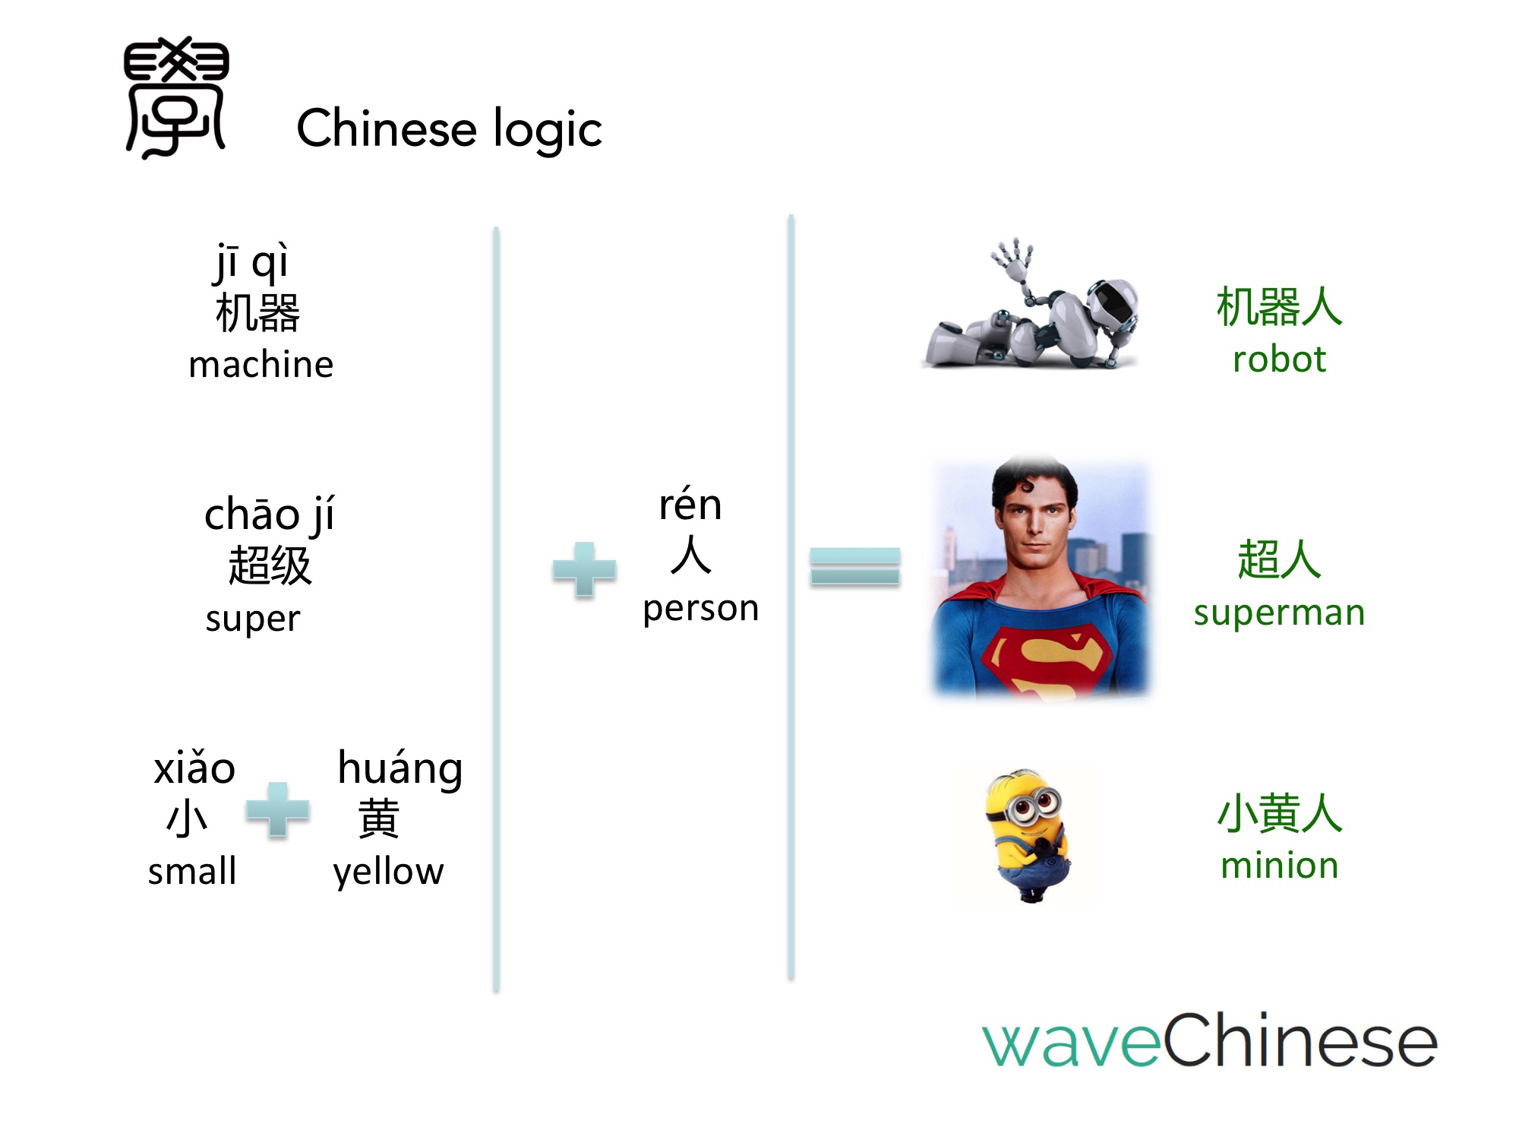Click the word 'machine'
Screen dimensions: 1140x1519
point(261,365)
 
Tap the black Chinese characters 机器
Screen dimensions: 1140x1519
point(258,313)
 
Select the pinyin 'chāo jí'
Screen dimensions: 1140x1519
point(269,515)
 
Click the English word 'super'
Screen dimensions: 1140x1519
point(253,619)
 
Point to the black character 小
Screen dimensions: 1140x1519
point(187,818)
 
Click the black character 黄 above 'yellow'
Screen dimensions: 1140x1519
point(378,818)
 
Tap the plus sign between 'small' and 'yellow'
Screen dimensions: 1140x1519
point(278,809)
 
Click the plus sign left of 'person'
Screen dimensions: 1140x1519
point(584,568)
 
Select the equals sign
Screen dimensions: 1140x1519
point(854,566)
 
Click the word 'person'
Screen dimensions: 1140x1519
point(700,608)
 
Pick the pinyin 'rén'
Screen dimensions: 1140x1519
point(690,505)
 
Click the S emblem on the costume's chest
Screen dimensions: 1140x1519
point(1045,657)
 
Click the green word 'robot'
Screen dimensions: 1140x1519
point(1279,359)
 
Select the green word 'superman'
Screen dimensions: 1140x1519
point(1279,613)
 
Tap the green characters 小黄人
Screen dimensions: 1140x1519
point(1279,813)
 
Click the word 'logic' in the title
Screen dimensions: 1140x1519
point(547,129)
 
